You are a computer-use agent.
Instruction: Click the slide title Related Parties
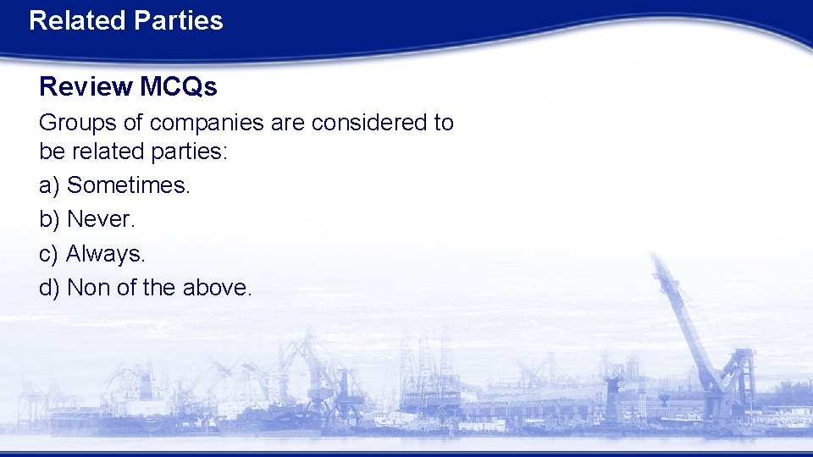pos(125,20)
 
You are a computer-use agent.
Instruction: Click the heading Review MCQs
pos(128,86)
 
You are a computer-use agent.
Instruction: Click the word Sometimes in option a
pos(128,185)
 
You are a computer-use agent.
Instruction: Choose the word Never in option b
pos(100,219)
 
